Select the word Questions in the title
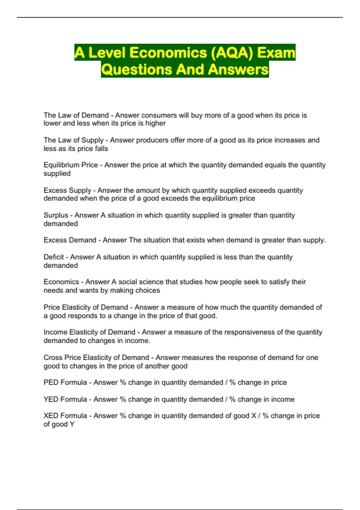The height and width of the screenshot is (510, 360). click(x=136, y=70)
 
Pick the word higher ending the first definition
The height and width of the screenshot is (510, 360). click(x=155, y=123)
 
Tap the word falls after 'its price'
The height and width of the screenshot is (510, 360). click(x=100, y=148)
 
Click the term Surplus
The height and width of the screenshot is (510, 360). click(x=56, y=215)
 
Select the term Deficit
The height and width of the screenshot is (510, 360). click(x=54, y=257)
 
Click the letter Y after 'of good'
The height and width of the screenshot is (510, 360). click(x=72, y=424)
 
